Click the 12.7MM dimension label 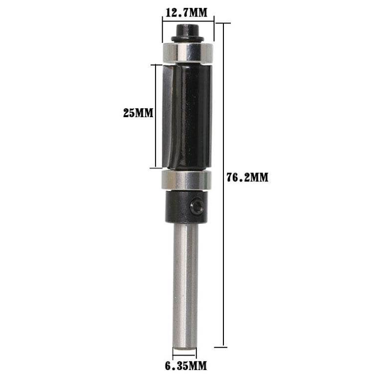tap(187, 12)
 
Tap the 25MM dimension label tap(138, 113)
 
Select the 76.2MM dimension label tap(247, 178)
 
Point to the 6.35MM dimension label tap(186, 366)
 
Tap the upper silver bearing tap(187, 53)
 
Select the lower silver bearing tap(186, 180)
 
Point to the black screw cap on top tap(187, 30)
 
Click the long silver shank tap(186, 286)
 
